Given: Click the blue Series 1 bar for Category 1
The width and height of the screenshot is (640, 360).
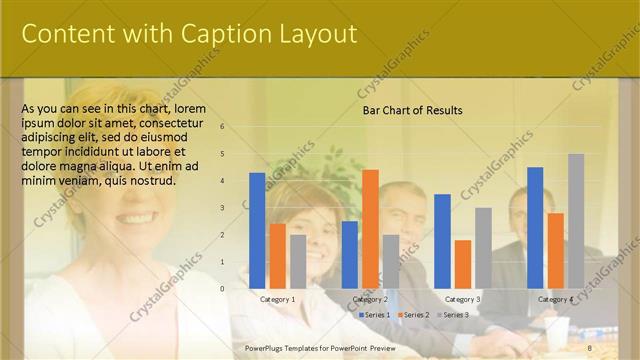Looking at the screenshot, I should pos(257,230).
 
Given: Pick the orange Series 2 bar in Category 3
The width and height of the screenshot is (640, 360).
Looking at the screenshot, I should pos(462,264).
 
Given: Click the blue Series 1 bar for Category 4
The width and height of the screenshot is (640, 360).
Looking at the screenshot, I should pos(535,227).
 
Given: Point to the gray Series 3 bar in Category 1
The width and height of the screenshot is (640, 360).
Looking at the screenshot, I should pos(298,261).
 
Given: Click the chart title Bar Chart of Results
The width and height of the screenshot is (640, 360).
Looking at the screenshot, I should pos(412,110).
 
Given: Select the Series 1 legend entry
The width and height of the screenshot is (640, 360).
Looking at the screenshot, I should pos(374,315).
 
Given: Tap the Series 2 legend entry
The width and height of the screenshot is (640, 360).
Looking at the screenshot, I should pos(412,315).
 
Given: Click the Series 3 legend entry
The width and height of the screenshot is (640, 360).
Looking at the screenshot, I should pos(452,315).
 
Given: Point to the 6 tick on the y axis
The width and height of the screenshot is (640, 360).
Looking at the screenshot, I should pos(223,127).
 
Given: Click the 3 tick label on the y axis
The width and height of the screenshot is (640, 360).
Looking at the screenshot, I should pos(223,208).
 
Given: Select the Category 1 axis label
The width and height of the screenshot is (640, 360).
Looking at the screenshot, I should pos(277,299).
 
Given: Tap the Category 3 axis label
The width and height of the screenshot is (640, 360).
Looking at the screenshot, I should pos(462,299).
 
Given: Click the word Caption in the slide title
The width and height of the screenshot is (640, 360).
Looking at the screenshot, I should pos(218,34).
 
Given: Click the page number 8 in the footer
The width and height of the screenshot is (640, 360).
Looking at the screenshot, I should pos(590,347).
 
